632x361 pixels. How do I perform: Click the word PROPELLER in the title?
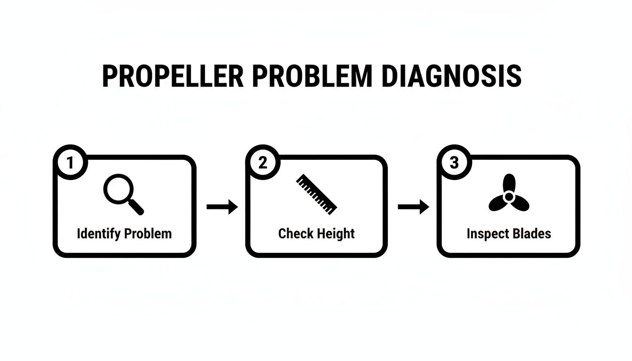pyautogui.click(x=173, y=77)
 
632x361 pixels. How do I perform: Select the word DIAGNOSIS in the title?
pyautogui.click(x=451, y=77)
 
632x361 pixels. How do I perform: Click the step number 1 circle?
pyautogui.click(x=71, y=163)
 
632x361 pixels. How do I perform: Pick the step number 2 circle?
pyautogui.click(x=262, y=163)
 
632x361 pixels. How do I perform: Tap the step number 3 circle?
pyautogui.click(x=454, y=163)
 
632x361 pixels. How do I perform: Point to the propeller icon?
pyautogui.click(x=508, y=195)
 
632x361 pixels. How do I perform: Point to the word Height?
pyautogui.click(x=335, y=234)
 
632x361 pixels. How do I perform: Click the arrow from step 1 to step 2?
pyautogui.click(x=222, y=207)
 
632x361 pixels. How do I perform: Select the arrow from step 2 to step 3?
pyautogui.click(x=413, y=207)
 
